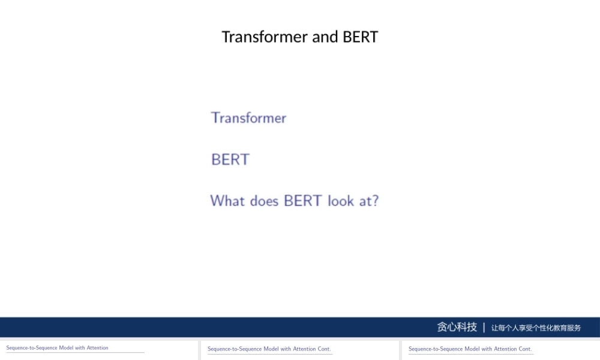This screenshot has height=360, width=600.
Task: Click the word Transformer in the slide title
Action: click(x=265, y=37)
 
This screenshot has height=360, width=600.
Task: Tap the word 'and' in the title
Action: click(x=325, y=37)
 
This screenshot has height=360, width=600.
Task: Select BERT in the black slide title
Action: click(x=360, y=37)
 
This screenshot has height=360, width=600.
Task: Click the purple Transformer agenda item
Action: click(x=248, y=118)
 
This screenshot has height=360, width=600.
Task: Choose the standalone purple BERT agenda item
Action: click(x=230, y=160)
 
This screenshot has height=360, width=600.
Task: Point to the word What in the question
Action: click(x=227, y=200)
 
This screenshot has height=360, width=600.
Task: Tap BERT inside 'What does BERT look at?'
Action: click(x=303, y=200)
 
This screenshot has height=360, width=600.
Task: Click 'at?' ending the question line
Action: click(x=369, y=200)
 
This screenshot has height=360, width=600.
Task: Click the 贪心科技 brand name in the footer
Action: click(x=457, y=327)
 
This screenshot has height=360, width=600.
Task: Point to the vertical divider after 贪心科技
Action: click(x=484, y=327)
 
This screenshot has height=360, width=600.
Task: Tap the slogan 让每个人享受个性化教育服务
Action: click(x=536, y=328)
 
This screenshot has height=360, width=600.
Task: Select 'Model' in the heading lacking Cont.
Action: click(x=66, y=348)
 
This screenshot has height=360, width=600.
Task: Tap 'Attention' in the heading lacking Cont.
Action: click(x=98, y=348)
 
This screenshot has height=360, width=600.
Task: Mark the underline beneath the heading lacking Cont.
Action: click(x=75, y=353)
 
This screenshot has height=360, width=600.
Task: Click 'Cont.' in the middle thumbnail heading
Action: click(x=324, y=349)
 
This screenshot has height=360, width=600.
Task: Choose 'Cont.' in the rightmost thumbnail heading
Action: click(x=525, y=349)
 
